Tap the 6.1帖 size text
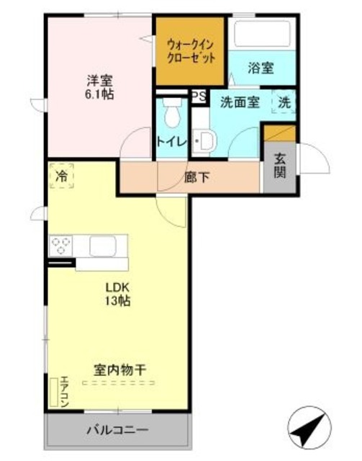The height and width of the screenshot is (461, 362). (99, 95)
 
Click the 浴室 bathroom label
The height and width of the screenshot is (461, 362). (260, 69)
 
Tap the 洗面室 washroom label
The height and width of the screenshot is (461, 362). (240, 102)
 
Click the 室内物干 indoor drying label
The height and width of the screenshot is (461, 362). (120, 370)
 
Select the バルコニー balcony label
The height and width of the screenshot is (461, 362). (118, 431)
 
